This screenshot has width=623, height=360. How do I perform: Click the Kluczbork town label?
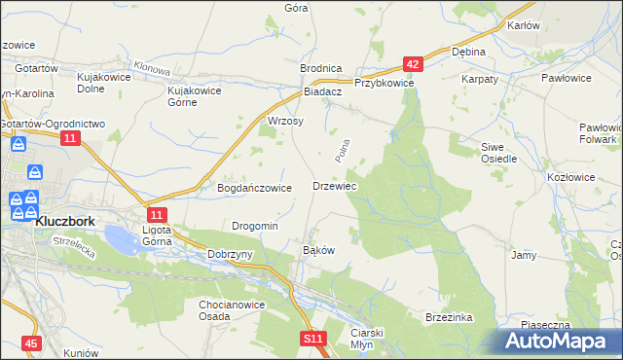(64, 221)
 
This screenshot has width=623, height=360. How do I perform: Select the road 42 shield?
(414, 64)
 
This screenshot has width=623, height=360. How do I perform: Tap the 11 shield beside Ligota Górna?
(157, 213)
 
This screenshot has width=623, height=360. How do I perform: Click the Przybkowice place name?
(385, 84)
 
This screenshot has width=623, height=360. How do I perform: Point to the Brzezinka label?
(449, 317)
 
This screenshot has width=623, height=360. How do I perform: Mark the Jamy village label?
(524, 255)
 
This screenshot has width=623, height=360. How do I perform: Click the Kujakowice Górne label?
(195, 95)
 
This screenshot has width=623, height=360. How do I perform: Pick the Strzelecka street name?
(72, 242)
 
